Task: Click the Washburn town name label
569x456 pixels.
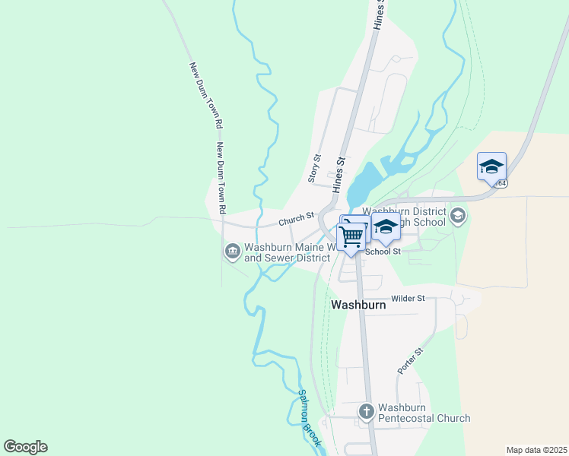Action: tap(358, 304)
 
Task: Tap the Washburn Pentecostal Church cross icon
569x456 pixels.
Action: tap(367, 411)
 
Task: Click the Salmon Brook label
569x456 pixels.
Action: tap(310, 418)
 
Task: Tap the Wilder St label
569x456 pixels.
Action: tap(408, 299)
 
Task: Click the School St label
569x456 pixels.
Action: tap(383, 252)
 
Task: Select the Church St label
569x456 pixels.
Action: tap(296, 219)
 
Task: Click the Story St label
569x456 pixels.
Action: tap(313, 168)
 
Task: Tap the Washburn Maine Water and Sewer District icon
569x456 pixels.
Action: tap(232, 250)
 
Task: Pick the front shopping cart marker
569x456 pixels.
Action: tap(351, 237)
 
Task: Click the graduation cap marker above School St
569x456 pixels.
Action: tap(386, 227)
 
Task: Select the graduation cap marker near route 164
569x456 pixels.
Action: tap(491, 166)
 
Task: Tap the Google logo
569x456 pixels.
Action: tap(25, 447)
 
